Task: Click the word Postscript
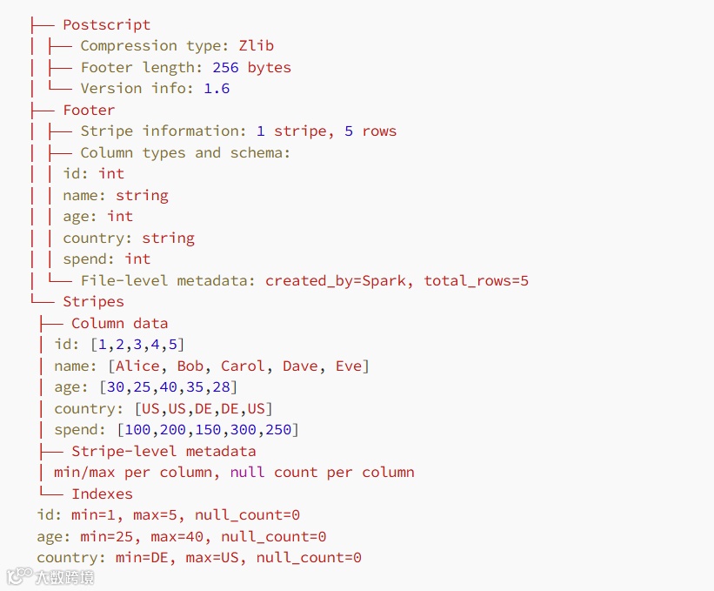[x=106, y=25]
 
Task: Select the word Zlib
[x=257, y=46]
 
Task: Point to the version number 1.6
[x=217, y=89]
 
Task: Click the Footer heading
[x=89, y=111]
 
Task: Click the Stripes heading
[x=93, y=302]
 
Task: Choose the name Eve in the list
[x=349, y=366]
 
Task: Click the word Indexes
[x=102, y=494]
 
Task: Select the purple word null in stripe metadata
[x=248, y=473]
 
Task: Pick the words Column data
[x=119, y=323]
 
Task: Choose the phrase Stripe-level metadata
[x=163, y=451]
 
